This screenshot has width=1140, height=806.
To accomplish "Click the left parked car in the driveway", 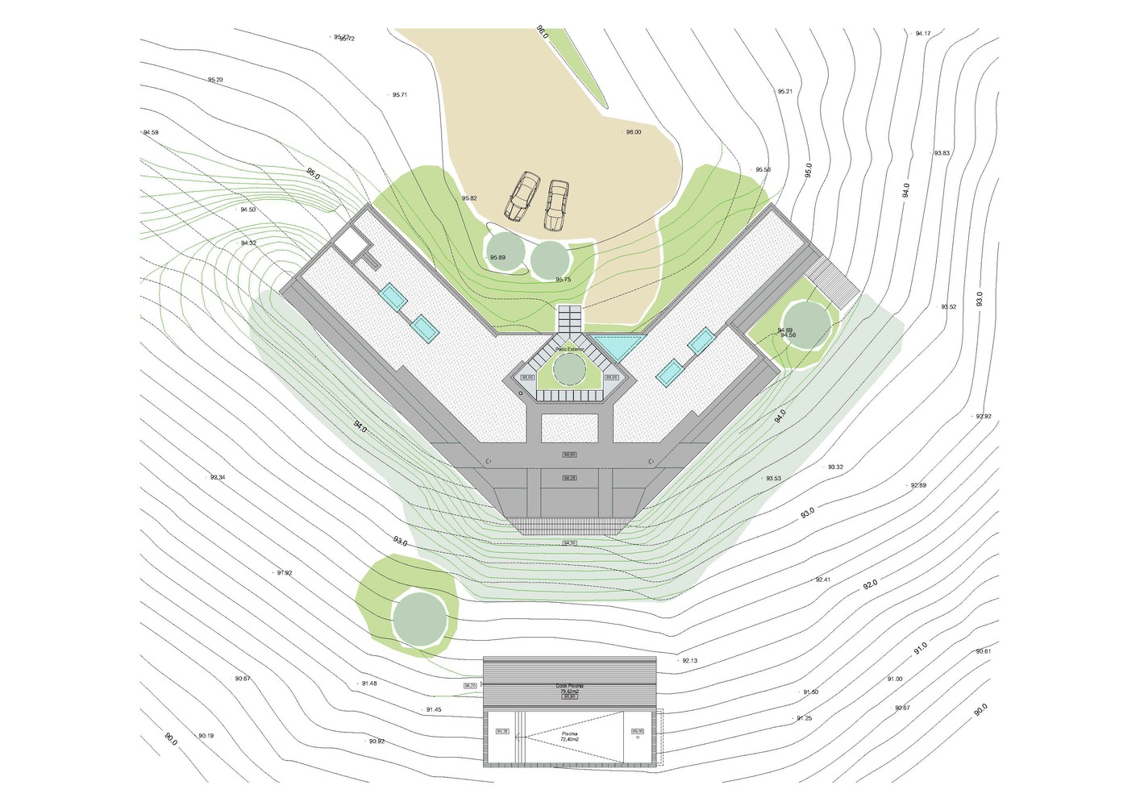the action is coord(523,196).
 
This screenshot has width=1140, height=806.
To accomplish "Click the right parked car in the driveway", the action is coord(556,204).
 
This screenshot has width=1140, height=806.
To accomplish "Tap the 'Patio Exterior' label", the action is coord(569,349).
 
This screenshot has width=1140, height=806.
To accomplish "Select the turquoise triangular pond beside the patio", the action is coord(618,346).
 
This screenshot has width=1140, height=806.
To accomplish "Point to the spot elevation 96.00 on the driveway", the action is coord(634,132).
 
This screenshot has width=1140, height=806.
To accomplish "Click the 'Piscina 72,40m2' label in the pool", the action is coord(570,736).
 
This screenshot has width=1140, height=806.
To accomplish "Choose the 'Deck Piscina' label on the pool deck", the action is coord(570,686).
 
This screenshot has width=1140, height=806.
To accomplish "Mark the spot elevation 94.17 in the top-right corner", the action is coord(923,34).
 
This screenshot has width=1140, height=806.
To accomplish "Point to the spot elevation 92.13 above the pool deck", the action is coord(689,661).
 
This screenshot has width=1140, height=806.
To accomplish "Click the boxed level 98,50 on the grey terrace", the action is coord(570,455).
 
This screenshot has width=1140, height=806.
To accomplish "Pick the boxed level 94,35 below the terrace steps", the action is coord(570,542).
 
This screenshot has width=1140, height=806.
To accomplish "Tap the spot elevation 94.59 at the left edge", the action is coord(151,132).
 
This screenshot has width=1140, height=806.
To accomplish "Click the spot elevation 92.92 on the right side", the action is coord(984,417).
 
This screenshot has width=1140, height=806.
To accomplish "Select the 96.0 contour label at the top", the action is coord(542,32).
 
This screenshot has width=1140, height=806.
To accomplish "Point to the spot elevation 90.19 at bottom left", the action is coord(206,736).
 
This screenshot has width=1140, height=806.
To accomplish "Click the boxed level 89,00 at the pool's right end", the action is coord(637,731).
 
